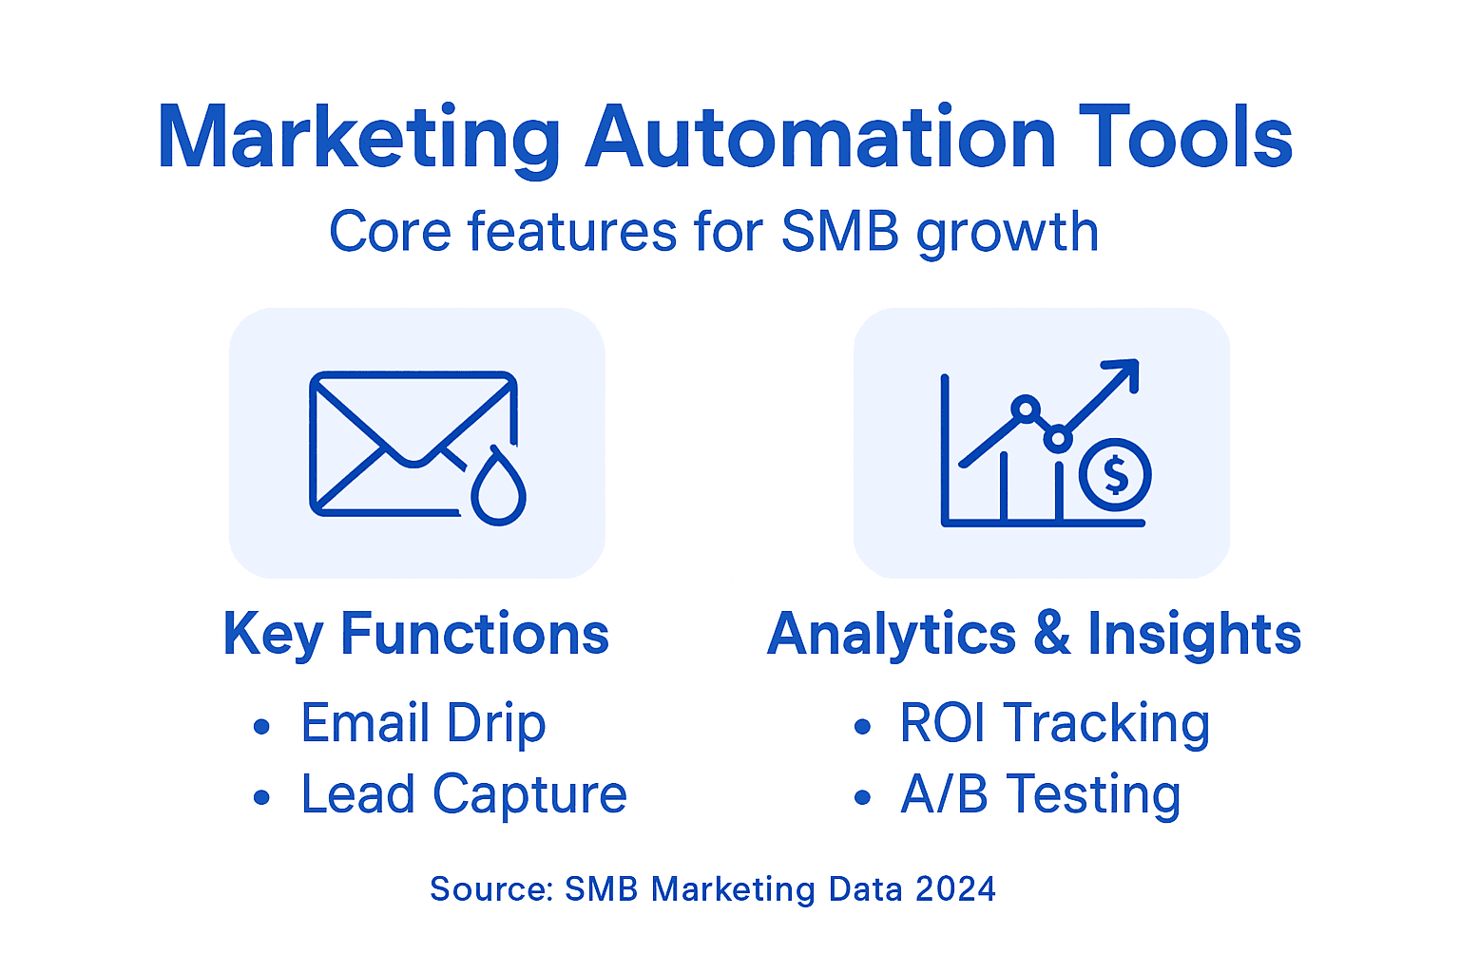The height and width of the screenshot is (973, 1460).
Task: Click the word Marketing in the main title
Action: pos(359,139)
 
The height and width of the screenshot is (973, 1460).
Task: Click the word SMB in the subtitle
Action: pos(839,232)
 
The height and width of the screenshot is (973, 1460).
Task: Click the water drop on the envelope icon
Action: pos(498,489)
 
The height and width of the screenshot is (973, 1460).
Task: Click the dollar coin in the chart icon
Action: pos(1115,475)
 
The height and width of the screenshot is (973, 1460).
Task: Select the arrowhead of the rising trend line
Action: pos(1124,372)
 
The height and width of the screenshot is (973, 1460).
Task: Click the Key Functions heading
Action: pos(415,634)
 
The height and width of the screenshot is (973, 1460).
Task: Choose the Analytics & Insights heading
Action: pos(1034,634)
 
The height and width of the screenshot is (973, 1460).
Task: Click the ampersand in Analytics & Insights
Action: pos(1051,634)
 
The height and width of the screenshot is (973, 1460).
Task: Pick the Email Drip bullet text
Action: pos(423,724)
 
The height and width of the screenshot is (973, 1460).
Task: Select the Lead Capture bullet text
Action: pos(464,794)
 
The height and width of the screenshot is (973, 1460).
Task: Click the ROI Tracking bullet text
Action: pos(1054,724)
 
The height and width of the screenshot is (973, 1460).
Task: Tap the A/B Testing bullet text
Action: pos(1040,794)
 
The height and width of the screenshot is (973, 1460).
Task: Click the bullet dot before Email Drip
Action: pos(262,728)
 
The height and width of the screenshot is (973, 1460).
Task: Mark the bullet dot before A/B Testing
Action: pos(862,798)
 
